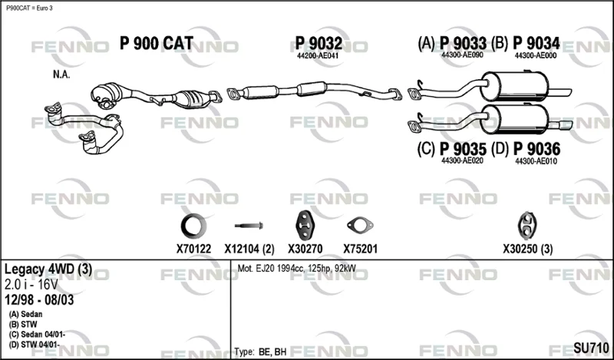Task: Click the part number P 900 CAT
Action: click(x=157, y=43)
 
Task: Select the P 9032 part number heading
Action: click(x=319, y=43)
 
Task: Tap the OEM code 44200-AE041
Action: click(x=318, y=56)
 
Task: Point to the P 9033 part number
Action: click(x=464, y=43)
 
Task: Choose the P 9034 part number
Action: click(x=536, y=43)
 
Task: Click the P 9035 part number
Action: click(x=464, y=149)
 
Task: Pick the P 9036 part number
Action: click(x=536, y=149)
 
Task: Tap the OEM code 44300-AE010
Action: click(x=536, y=161)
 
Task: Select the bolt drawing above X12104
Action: click(x=249, y=226)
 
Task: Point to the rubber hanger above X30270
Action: click(x=305, y=226)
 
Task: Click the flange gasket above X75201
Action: click(x=360, y=226)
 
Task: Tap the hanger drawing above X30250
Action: click(x=527, y=226)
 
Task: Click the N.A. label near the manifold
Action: click(x=61, y=74)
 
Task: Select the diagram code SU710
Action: click(x=591, y=348)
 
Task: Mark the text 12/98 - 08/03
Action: click(x=39, y=299)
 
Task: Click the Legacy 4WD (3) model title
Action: click(x=48, y=269)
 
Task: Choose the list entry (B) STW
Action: click(x=23, y=325)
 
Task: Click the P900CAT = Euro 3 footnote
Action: click(x=29, y=8)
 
